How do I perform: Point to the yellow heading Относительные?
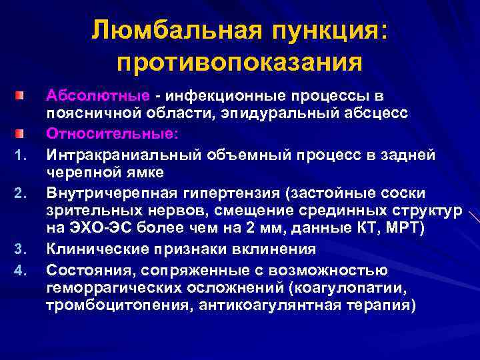pyautogui.click(x=112, y=134)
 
